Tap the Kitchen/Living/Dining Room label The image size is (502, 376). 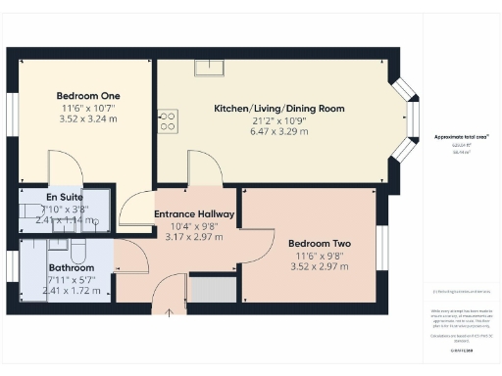278,108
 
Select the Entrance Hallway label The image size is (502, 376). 194,213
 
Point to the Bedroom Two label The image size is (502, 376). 320,243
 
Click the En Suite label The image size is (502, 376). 64,196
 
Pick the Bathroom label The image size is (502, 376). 71,267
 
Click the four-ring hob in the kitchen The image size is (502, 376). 168,121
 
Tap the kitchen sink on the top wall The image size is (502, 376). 208,68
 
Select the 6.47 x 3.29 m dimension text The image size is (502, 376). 278,130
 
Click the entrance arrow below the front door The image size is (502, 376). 169,312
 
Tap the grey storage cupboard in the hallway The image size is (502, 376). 212,290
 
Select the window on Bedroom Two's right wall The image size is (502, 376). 382,246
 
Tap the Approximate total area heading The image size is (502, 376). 461,138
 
